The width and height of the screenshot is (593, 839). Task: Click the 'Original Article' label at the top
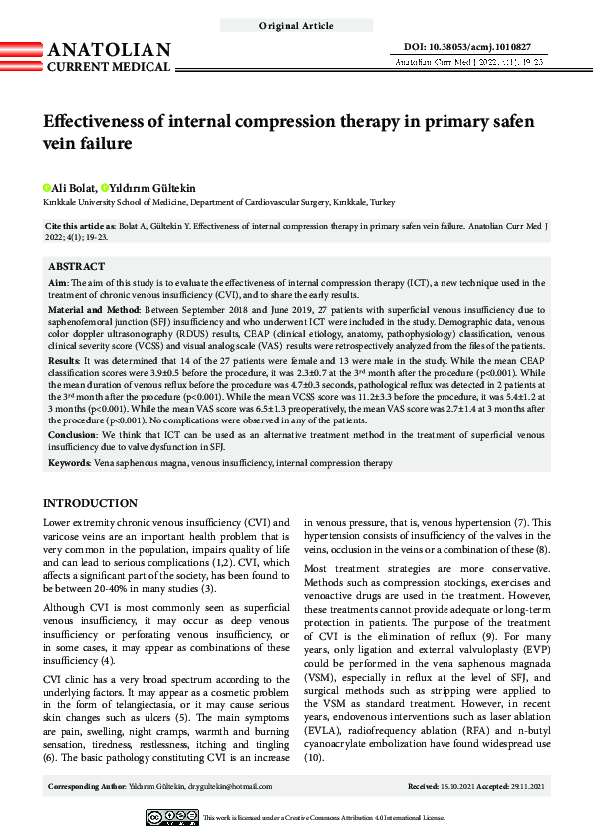[x=296, y=26]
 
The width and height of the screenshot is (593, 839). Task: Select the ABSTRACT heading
[x=76, y=267]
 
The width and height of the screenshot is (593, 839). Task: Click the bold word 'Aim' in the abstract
[x=58, y=284]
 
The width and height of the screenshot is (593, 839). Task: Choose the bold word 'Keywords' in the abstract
[x=70, y=463]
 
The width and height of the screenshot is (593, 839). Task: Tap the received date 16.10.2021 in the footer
[x=456, y=787]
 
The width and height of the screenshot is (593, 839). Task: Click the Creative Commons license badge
[x=171, y=817]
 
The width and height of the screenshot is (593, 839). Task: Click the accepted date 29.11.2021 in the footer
[x=527, y=787]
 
